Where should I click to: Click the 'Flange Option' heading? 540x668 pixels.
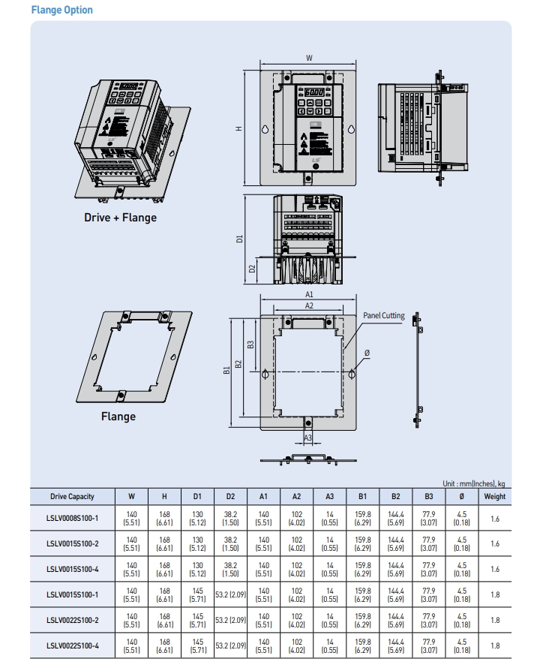click(x=62, y=10)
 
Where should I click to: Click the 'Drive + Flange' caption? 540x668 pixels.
click(x=120, y=218)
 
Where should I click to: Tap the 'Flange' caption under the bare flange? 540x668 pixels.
click(x=118, y=417)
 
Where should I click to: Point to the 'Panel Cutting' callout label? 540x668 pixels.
click(x=384, y=316)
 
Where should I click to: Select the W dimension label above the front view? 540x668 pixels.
click(x=309, y=58)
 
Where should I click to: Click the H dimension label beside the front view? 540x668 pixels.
click(x=239, y=128)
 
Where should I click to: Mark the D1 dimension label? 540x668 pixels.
click(x=239, y=239)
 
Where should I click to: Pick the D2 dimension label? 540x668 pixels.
click(x=253, y=268)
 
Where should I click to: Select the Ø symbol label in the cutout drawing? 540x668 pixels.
click(x=367, y=353)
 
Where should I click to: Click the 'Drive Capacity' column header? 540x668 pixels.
click(x=72, y=496)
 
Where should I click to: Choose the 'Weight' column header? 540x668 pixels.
click(x=494, y=496)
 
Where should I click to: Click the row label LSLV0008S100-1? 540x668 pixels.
click(x=72, y=519)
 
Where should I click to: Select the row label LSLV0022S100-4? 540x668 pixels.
click(x=72, y=645)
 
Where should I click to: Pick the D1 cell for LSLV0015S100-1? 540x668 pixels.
click(x=197, y=594)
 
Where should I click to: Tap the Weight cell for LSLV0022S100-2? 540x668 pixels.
click(x=494, y=620)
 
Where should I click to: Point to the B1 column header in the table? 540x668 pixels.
click(x=362, y=496)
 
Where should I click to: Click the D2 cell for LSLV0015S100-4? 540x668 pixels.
click(x=230, y=569)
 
